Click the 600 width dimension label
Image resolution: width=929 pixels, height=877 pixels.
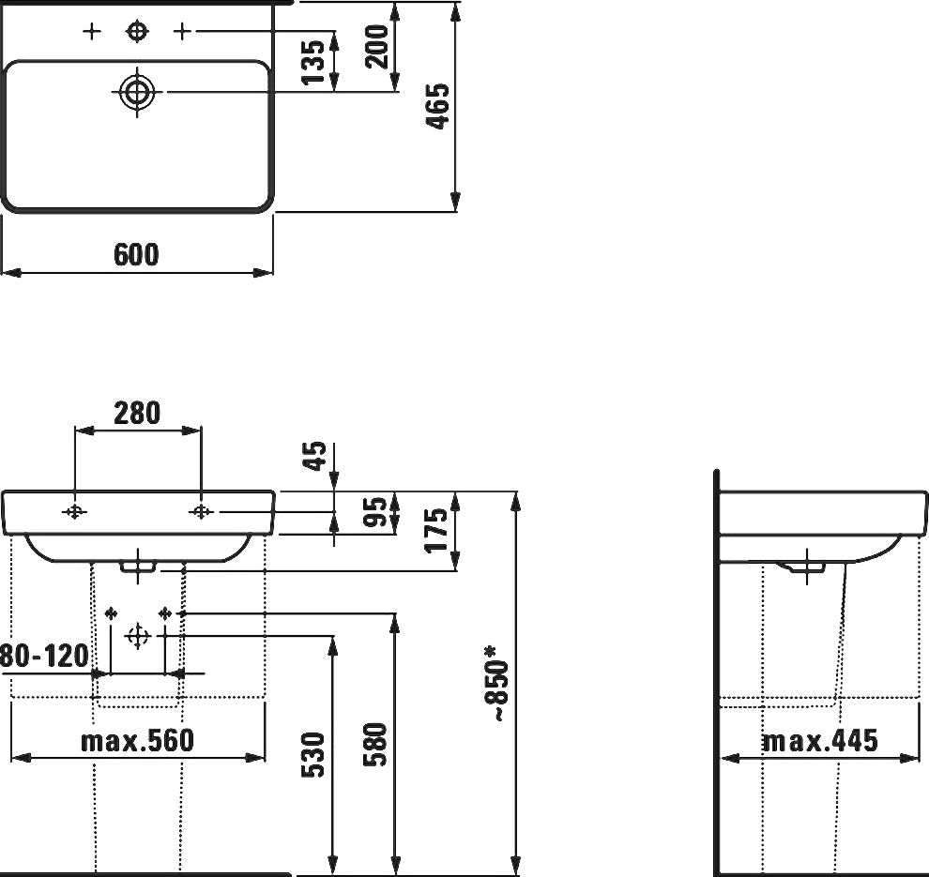137,254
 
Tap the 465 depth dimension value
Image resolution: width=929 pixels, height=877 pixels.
438,106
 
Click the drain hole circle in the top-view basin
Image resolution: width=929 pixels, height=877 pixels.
137,92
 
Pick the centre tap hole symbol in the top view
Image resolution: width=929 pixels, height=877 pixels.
137,33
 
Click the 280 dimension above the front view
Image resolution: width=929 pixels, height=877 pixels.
137,413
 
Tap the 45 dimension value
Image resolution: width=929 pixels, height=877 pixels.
316,456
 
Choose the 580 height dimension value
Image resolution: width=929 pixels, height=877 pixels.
375,745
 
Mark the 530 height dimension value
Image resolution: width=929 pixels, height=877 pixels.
315,754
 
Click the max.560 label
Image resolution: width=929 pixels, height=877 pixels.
137,742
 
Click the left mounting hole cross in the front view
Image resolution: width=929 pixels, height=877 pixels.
75,511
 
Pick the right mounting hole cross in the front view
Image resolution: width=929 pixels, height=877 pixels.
201,511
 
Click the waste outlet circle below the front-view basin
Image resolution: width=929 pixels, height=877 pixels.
138,636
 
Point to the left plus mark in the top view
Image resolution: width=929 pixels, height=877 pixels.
91,33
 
